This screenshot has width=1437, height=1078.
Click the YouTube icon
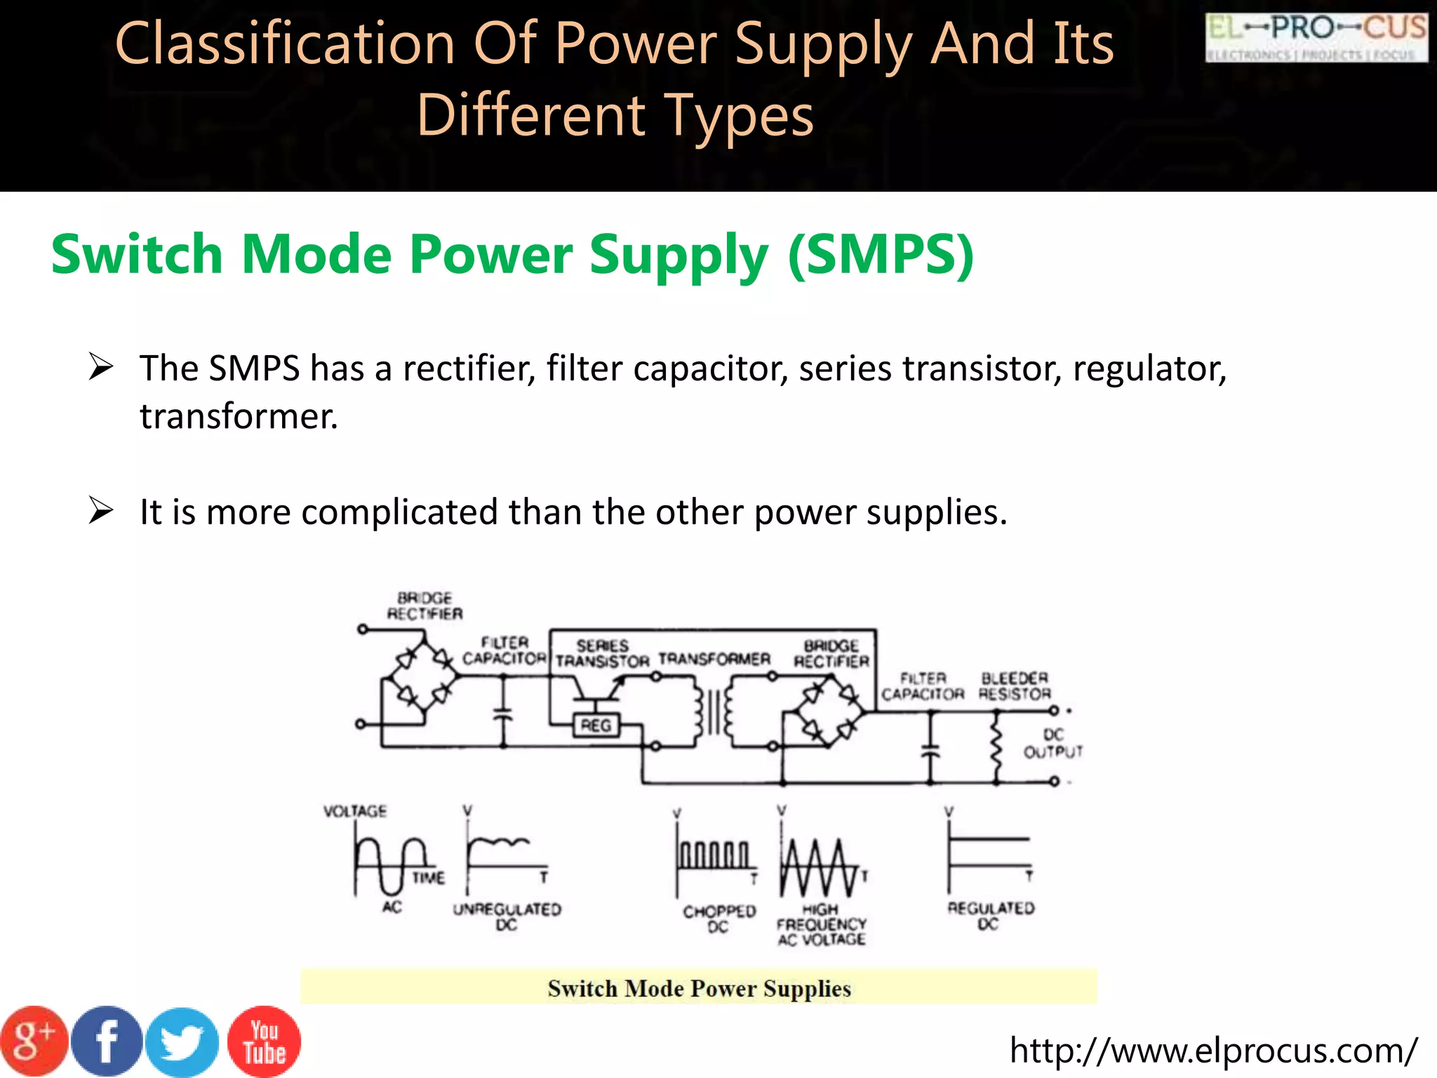[264, 1042]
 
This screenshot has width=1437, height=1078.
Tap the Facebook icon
[107, 1042]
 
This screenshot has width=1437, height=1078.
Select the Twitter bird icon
[183, 1042]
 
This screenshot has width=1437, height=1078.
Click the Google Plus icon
[33, 1042]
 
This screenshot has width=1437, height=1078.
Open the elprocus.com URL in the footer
[1213, 1051]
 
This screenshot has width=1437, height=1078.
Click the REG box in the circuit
[596, 725]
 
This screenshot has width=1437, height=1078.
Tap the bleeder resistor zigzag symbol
[996, 747]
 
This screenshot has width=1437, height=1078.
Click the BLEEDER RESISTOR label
[1015, 686]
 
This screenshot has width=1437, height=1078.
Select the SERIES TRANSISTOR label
[602, 653]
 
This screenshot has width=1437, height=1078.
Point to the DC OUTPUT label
[1052, 743]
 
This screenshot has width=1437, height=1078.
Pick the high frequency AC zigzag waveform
[820, 866]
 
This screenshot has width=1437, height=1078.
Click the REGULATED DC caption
[990, 916]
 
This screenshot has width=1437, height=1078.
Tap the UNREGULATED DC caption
[507, 917]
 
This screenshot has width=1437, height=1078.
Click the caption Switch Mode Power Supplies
[699, 988]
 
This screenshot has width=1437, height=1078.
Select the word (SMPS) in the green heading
[881, 254]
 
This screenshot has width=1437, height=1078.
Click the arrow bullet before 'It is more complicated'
[101, 510]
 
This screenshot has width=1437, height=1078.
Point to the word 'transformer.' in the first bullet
[239, 416]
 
